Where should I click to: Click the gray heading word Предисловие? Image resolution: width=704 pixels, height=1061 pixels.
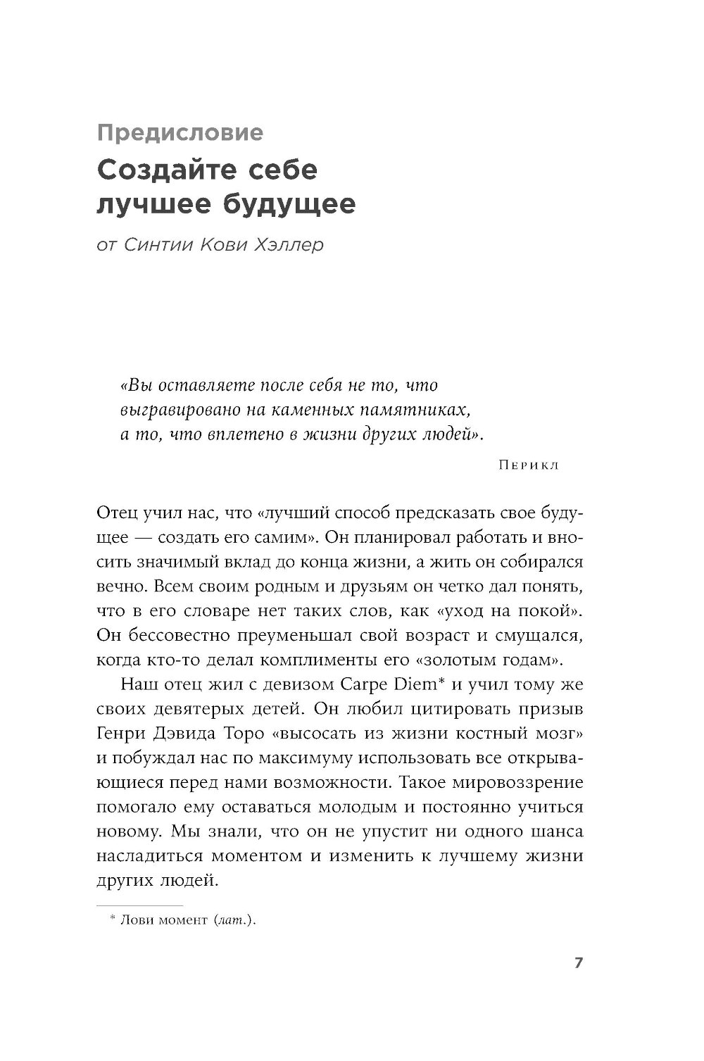point(180,132)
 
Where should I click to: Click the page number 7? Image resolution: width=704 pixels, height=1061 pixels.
point(578,962)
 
